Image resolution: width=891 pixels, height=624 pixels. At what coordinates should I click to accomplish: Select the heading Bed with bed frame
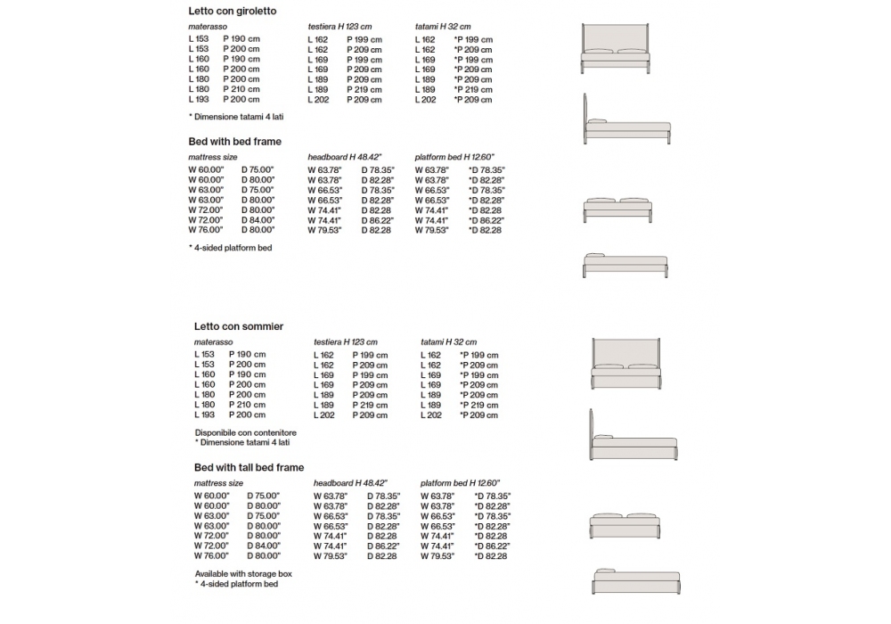(234, 142)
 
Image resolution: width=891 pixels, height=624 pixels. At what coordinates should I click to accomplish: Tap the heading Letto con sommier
(239, 326)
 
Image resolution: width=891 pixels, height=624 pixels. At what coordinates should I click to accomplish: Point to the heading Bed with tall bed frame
(249, 467)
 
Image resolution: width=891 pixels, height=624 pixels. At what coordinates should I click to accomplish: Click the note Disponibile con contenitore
(246, 432)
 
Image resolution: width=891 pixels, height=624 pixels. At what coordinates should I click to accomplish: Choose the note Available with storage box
(243, 574)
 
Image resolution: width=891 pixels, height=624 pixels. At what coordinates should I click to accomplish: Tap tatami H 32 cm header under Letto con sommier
(448, 342)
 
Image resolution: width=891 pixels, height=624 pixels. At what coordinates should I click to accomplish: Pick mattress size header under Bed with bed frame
(212, 157)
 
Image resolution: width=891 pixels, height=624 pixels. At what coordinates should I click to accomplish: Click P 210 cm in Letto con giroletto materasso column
(241, 89)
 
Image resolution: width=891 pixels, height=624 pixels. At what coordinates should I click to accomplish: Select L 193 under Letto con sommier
(204, 415)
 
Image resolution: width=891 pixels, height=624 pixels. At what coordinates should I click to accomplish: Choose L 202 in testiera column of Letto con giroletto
(317, 100)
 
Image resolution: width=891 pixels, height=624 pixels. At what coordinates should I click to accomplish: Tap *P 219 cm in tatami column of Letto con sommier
(478, 405)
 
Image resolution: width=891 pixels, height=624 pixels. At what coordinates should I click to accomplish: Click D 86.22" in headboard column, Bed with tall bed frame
(383, 546)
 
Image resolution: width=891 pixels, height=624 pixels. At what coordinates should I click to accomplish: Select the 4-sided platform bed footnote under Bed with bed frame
(231, 247)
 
